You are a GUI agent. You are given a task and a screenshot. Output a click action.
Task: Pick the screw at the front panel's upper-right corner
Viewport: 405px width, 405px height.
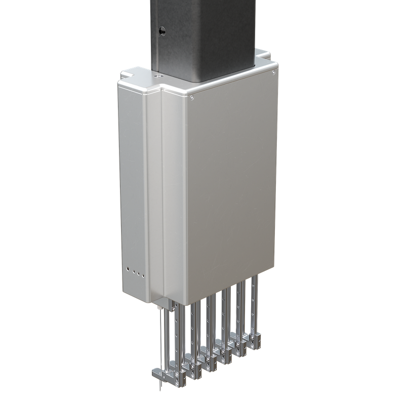pos(273,72)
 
